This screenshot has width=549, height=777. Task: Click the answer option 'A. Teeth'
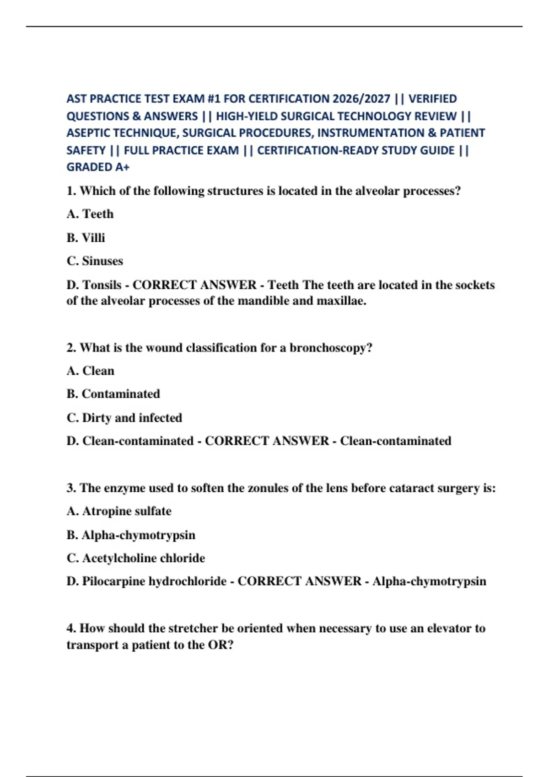[x=90, y=214]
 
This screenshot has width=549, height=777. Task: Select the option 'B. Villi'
[x=86, y=238]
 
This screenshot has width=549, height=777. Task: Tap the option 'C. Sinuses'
[x=95, y=261]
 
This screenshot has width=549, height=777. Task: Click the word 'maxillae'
[x=341, y=301]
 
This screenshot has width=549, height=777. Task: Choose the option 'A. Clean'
[x=91, y=371]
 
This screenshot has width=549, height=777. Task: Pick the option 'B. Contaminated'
[x=113, y=394]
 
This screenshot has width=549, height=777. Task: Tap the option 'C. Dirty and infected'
[x=124, y=418]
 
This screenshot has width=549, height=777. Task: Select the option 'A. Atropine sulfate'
[x=119, y=511]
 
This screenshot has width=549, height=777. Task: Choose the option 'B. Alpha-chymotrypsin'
[x=131, y=535]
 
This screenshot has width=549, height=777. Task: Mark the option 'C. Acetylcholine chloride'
[x=136, y=558]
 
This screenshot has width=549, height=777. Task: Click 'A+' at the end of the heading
[x=122, y=167]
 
